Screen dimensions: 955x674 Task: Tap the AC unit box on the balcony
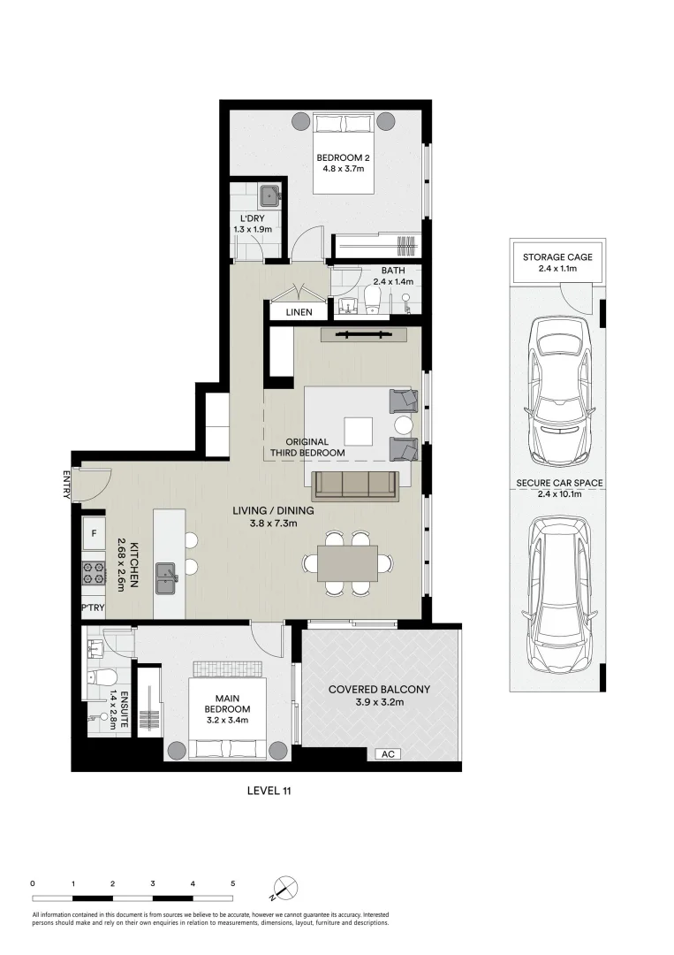click(x=387, y=754)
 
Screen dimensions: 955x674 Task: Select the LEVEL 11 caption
click(x=269, y=791)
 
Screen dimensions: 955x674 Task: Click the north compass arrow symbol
click(x=284, y=888)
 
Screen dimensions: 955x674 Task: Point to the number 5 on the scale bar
click(x=232, y=883)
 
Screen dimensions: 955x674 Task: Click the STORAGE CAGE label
click(x=557, y=257)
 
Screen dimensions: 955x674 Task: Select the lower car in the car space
click(x=557, y=594)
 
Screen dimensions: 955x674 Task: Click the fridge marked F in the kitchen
click(x=93, y=534)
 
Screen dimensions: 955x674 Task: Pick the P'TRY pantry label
click(x=93, y=608)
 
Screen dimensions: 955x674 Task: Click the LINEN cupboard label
click(x=299, y=312)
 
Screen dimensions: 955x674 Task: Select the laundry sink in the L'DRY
click(x=268, y=195)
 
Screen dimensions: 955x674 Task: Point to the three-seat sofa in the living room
click(x=356, y=483)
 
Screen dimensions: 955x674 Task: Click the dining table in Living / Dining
click(x=342, y=562)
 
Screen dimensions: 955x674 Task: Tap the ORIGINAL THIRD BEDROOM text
click(x=307, y=447)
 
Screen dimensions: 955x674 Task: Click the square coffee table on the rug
click(x=360, y=432)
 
